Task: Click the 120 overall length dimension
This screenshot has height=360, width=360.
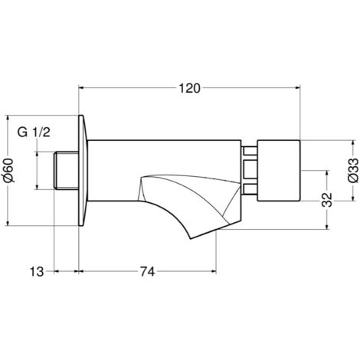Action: point(189,88)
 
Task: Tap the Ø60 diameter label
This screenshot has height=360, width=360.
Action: point(9,170)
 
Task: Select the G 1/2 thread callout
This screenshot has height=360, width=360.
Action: point(34,133)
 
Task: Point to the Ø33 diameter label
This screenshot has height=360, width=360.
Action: point(353,170)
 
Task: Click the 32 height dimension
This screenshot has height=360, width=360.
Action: point(328,200)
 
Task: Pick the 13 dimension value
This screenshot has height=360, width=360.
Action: point(37,272)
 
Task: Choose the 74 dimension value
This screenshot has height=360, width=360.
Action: point(147,272)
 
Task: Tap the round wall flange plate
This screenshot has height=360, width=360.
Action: point(83,170)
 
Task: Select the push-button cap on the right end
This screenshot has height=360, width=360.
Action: point(278,170)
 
